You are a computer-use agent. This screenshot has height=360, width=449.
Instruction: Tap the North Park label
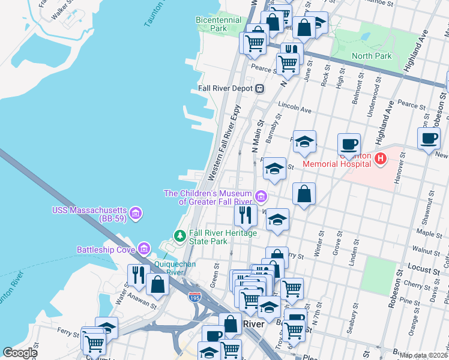click(x=371, y=56)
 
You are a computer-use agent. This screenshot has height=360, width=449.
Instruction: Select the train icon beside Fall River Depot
click(x=259, y=89)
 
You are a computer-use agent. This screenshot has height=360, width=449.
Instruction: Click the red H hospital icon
click(x=379, y=158)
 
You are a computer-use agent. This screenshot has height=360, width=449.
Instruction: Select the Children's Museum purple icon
click(x=261, y=196)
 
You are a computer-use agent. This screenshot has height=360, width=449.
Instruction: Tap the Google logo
click(x=20, y=353)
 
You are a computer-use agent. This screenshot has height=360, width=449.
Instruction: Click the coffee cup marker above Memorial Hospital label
click(x=349, y=144)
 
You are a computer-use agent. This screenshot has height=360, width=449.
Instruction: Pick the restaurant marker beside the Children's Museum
click(x=246, y=214)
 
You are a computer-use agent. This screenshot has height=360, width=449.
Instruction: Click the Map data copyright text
click(x=423, y=355)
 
